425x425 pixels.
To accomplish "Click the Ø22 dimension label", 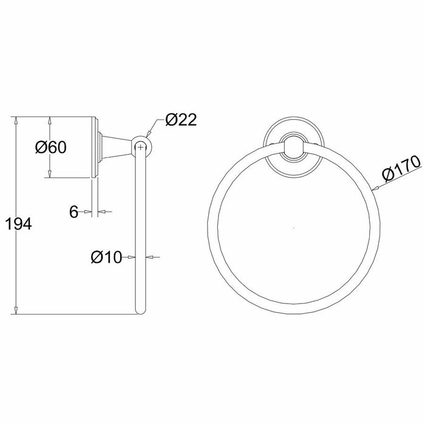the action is [181, 120].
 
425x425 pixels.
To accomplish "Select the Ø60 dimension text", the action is [50, 148].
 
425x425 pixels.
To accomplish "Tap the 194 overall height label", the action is [19, 224].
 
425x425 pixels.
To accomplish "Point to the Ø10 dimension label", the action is [106, 257].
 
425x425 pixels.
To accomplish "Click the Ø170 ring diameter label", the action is [402, 168].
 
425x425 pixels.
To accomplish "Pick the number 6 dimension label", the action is [73, 212].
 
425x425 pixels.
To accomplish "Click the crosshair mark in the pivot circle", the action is [140, 147].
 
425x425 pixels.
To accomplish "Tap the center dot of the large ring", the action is [294, 228].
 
